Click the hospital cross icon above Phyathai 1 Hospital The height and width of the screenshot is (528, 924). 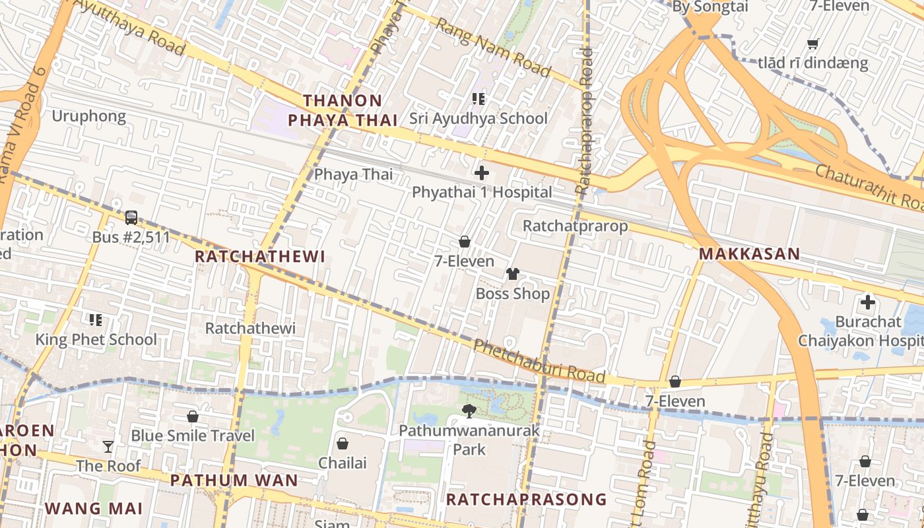click(482, 174)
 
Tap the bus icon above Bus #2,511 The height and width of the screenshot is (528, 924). click(131, 218)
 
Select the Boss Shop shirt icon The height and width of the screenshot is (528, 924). click(513, 274)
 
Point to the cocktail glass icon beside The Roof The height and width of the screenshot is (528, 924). click(108, 447)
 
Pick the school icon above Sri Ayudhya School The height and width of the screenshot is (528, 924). click(478, 100)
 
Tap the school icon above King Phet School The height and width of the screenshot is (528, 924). click(96, 320)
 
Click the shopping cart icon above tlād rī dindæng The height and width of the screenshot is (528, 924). click(812, 44)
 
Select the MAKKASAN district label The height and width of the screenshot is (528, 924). click(749, 253)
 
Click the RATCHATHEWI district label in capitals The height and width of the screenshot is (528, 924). click(261, 257)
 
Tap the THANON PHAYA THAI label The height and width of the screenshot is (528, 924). click(343, 110)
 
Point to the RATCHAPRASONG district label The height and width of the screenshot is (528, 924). click(526, 499)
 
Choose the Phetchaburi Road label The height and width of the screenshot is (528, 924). click(539, 361)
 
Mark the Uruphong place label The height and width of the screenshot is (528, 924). click(88, 117)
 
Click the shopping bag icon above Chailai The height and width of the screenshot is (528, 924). click(342, 444)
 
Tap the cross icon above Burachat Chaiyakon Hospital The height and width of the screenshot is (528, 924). click(867, 303)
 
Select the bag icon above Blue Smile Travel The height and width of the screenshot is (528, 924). click(193, 416)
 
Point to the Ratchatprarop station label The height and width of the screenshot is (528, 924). click(574, 226)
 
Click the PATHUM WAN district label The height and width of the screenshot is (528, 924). click(234, 480)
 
